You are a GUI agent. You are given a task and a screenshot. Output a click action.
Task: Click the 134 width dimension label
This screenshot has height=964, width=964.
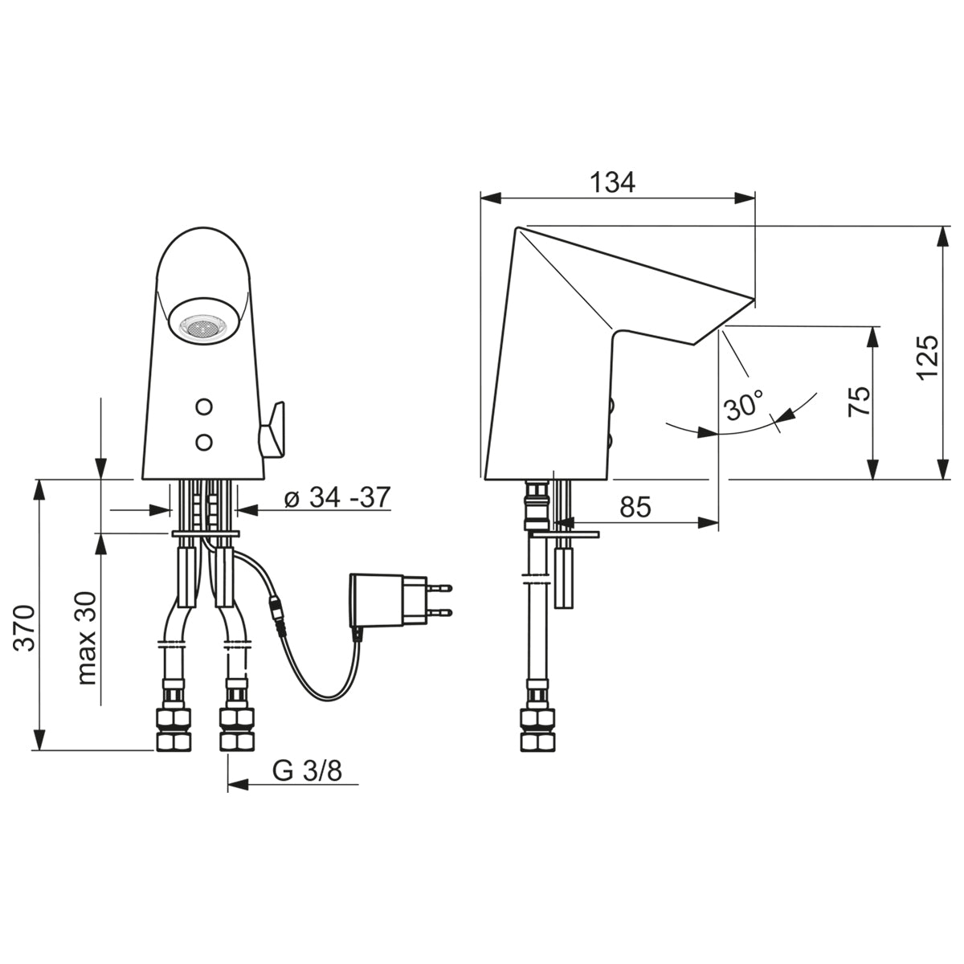click(x=612, y=182)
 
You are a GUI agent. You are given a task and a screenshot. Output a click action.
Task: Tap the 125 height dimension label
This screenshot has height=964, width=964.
click(x=928, y=357)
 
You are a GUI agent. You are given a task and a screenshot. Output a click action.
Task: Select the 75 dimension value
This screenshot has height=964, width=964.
click(x=859, y=402)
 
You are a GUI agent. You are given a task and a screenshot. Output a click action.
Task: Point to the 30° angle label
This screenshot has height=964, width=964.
click(x=745, y=404)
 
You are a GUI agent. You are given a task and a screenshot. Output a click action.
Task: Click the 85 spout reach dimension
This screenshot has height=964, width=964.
click(x=635, y=507)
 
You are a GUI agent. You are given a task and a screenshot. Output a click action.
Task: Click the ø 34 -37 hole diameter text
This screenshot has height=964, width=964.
click(x=337, y=497)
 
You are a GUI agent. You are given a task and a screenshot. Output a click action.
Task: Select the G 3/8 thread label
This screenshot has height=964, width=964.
click(x=308, y=771)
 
